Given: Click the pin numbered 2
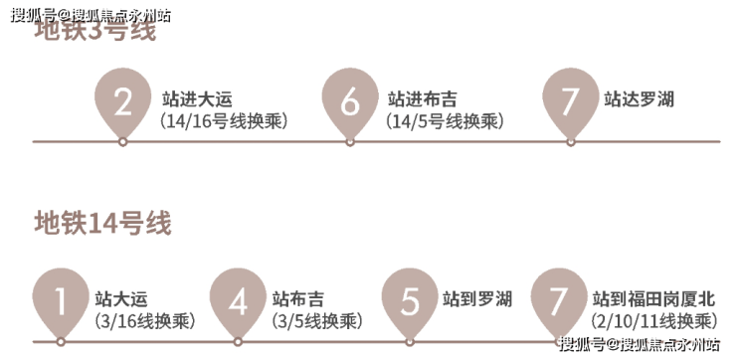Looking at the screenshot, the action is tap(122, 100).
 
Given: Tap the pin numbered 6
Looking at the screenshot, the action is tap(350, 100).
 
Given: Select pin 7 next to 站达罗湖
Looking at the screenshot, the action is tap(570, 100).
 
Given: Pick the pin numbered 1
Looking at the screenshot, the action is tap(61, 301).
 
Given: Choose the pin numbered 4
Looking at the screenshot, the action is tap(238, 301).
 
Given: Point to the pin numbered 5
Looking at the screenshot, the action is tap(410, 301).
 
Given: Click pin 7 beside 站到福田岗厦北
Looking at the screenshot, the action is tap(559, 301).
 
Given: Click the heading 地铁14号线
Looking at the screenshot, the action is tap(102, 223).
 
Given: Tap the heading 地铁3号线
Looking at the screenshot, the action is tap(94, 32).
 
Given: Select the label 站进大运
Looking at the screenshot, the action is tap(197, 99).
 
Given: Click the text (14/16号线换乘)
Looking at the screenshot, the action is tap(224, 121).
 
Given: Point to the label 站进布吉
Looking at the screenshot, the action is tap(422, 99).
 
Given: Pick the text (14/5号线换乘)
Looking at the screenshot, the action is tap(445, 121).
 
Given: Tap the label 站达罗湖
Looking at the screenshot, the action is tap(639, 99).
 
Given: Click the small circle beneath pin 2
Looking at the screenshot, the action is tap(122, 142).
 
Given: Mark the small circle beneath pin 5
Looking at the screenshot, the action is tap(410, 342).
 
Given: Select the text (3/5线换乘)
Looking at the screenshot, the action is tap(317, 321).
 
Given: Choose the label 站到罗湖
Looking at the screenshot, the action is tap(476, 299).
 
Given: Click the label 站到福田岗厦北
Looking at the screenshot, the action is tap(653, 299).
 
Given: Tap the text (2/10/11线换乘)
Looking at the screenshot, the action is tap(653, 321).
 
